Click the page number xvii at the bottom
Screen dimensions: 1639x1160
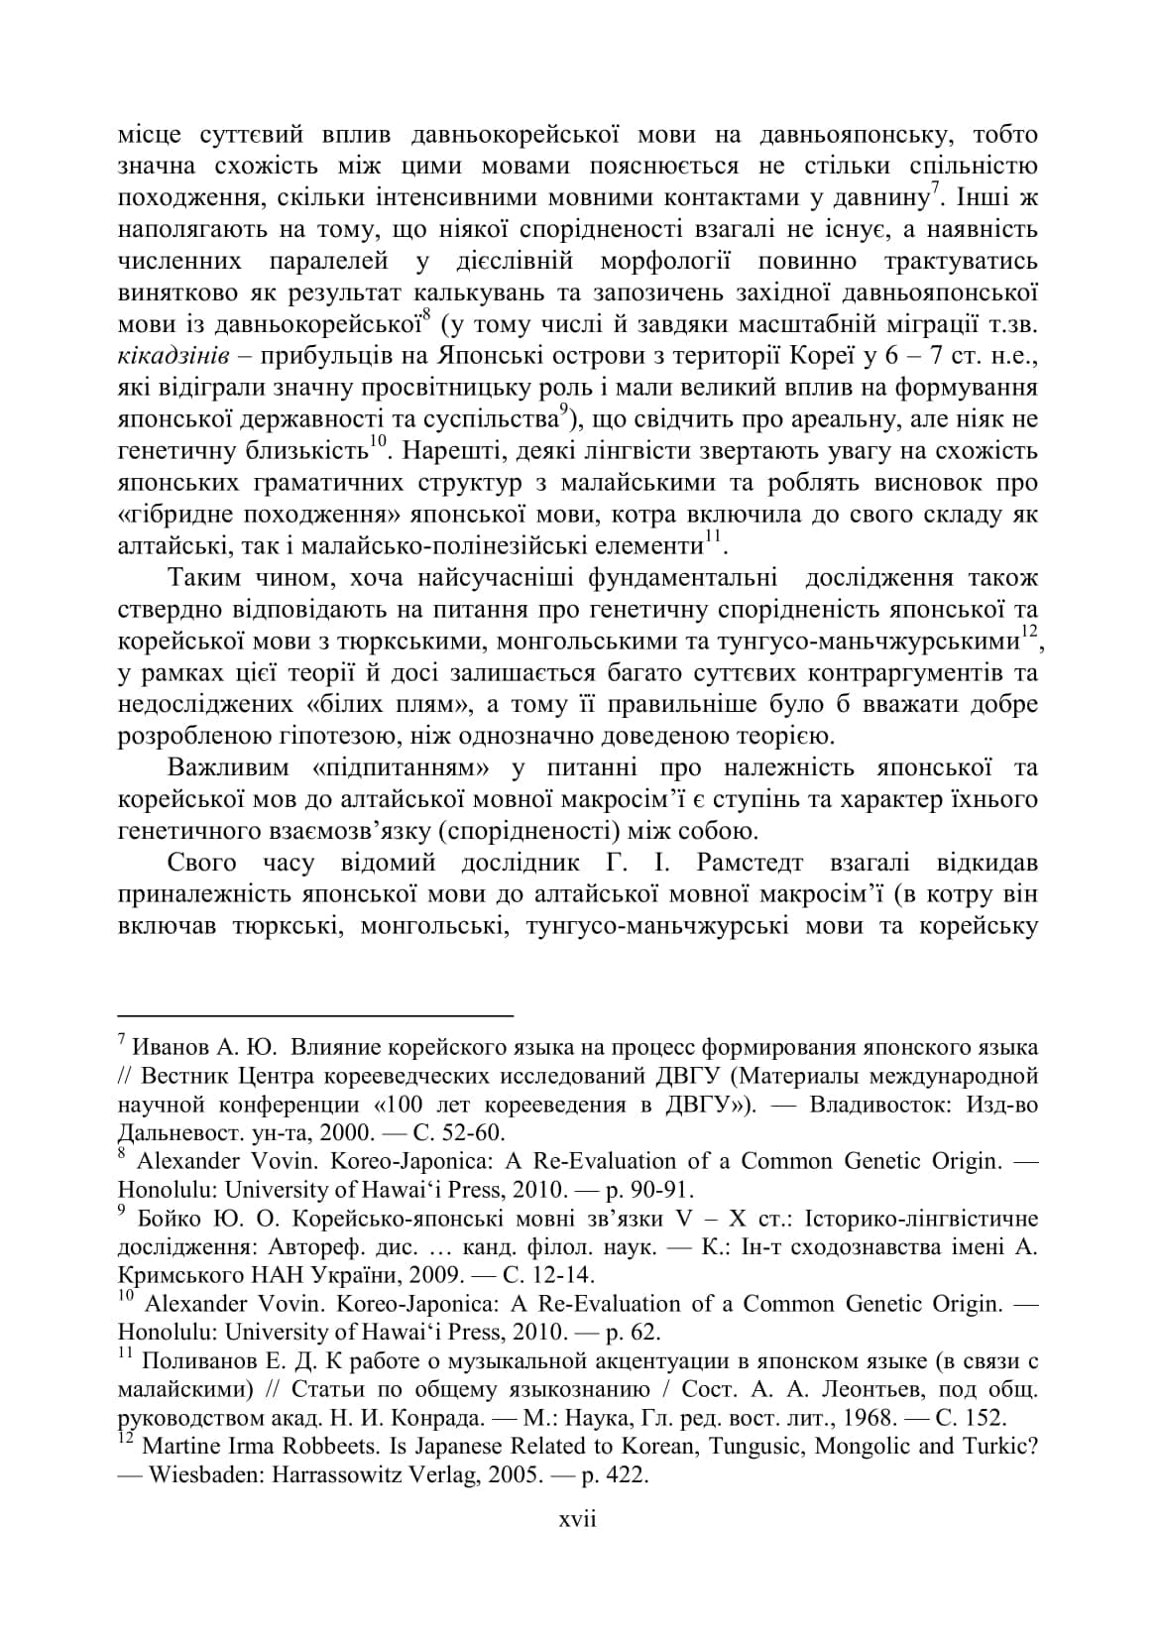point(578,1519)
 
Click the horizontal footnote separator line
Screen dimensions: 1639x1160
point(315,1015)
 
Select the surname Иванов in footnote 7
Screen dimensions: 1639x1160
point(172,1047)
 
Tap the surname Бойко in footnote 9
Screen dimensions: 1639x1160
point(172,1218)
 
